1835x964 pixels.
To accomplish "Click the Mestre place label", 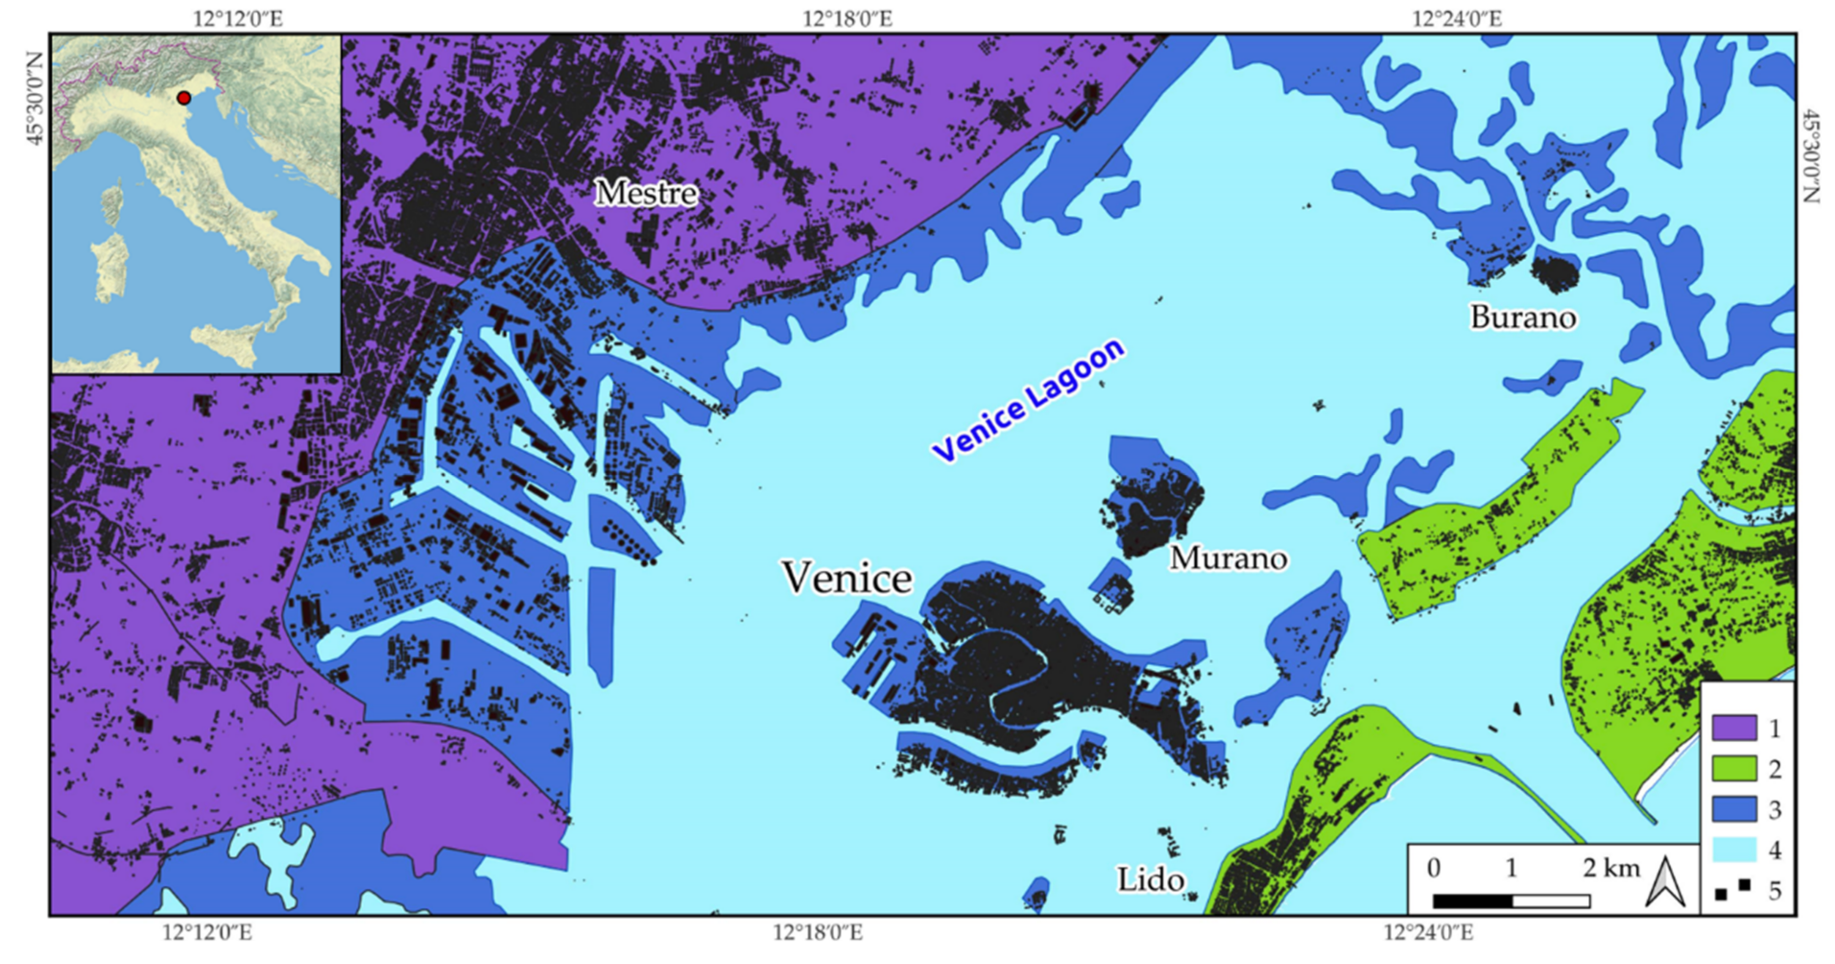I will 645,193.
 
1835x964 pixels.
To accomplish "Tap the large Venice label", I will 847,577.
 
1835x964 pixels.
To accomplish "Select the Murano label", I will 1228,558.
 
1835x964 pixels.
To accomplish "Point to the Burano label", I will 1523,317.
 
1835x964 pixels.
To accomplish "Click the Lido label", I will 1150,880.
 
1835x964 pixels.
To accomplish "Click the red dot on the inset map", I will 184,97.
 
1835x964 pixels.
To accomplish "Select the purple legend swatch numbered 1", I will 1734,728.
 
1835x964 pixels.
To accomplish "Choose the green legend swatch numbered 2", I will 1734,769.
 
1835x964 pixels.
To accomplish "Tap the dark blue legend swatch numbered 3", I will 1734,809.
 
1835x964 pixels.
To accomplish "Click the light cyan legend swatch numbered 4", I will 1734,850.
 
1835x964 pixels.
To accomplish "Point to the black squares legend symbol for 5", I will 1732,890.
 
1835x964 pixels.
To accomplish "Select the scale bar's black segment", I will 1472,901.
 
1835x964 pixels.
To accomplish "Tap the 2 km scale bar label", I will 1611,868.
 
